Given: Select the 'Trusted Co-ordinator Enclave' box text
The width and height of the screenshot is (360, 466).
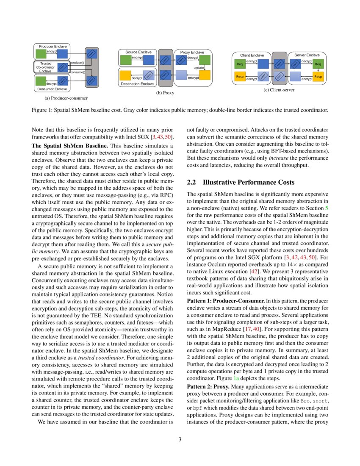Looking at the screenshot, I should coord(45,67).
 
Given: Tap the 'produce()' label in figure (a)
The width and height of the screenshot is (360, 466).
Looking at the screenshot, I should coord(77,63).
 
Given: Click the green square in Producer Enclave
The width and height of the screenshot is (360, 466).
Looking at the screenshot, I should coord(41,54).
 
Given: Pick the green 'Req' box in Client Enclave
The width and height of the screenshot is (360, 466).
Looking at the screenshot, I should coord(240,64).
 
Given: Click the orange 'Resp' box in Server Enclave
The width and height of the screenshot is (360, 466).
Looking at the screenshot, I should coord(318,77).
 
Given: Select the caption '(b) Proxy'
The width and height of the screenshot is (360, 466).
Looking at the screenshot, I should coord(165,92).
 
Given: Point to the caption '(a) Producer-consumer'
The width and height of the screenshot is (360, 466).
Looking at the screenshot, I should coord(66,98).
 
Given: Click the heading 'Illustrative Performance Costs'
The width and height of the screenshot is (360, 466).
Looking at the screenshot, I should coord(249,183).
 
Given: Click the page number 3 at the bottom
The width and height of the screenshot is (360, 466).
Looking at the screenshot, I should coord(180,439).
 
